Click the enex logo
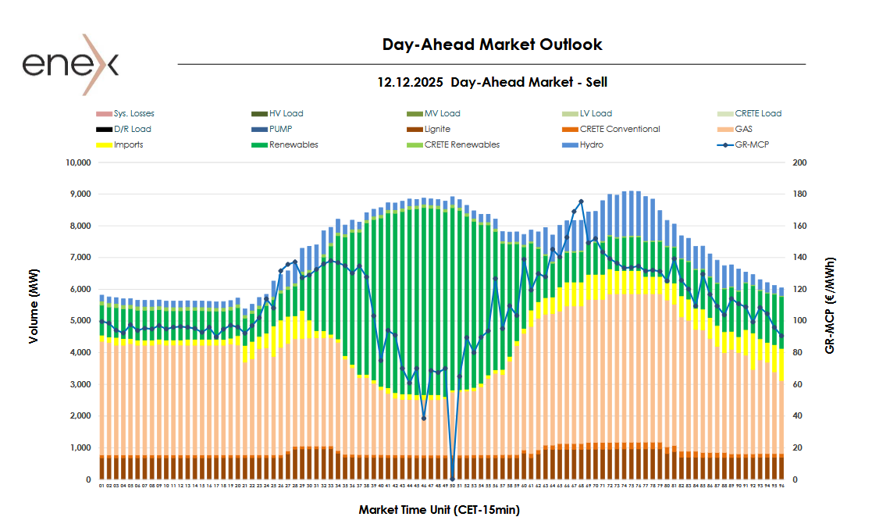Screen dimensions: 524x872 tap(70, 64)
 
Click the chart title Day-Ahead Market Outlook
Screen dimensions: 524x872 tap(492, 45)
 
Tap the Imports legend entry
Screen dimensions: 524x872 tap(128, 144)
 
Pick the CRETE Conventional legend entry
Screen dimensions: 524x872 tap(620, 129)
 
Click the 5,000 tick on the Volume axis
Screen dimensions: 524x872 tap(80, 321)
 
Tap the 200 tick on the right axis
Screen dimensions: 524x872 tap(800, 162)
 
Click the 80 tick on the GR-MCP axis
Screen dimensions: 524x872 tap(798, 353)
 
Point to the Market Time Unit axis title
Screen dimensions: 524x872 tap(439, 510)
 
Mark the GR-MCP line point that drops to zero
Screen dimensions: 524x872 tap(452, 479)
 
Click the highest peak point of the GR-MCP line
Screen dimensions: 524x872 tap(581, 201)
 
